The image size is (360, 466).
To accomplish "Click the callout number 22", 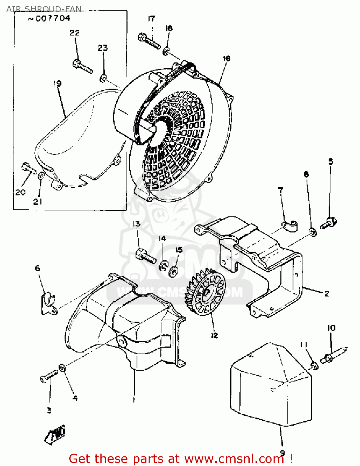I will pyautogui.click(x=75, y=33).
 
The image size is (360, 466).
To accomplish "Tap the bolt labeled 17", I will pyautogui.click(x=149, y=41).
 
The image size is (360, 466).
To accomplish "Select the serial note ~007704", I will pyautogui.click(x=49, y=19).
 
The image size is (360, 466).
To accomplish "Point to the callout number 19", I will pyautogui.click(x=57, y=84).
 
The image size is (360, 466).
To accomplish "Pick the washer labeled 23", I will pyautogui.click(x=103, y=78).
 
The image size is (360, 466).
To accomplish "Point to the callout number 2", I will pyautogui.click(x=326, y=294).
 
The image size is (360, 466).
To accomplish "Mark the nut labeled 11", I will pyautogui.click(x=315, y=366).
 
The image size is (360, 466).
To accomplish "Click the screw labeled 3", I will pyautogui.click(x=49, y=376).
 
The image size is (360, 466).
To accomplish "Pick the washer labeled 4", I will pyautogui.click(x=62, y=368).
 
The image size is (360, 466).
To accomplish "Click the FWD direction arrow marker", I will pyautogui.click(x=56, y=434).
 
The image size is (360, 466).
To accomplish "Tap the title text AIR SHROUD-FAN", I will pyautogui.click(x=44, y=9).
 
